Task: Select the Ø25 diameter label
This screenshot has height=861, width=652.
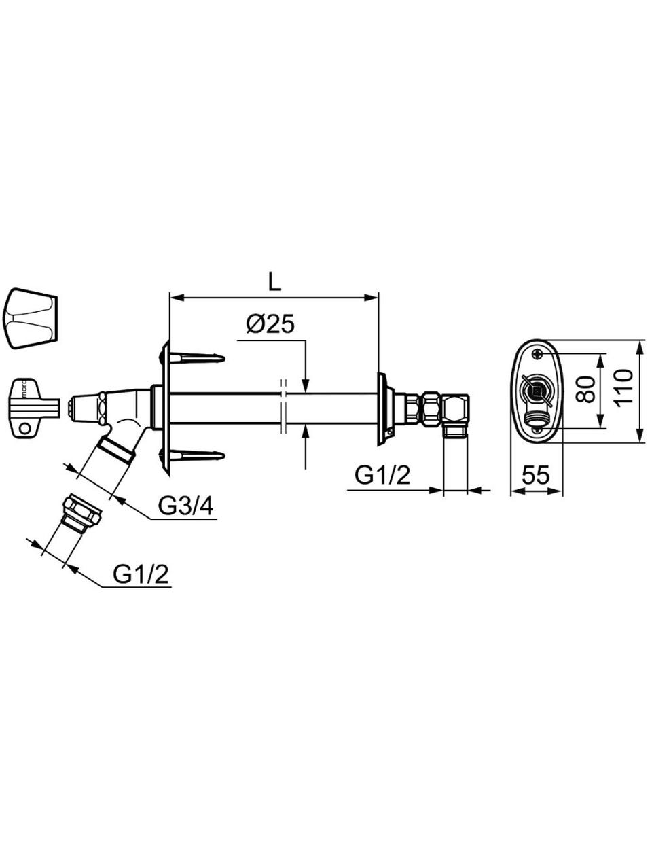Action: [270, 324]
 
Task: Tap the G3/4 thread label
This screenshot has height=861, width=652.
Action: [185, 506]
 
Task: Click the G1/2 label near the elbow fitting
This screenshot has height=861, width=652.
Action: [382, 476]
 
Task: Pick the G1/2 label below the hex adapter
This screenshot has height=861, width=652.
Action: [141, 574]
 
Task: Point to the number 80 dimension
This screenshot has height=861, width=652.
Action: [585, 389]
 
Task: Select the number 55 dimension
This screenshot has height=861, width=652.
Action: [536, 476]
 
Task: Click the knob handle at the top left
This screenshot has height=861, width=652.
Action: [33, 319]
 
